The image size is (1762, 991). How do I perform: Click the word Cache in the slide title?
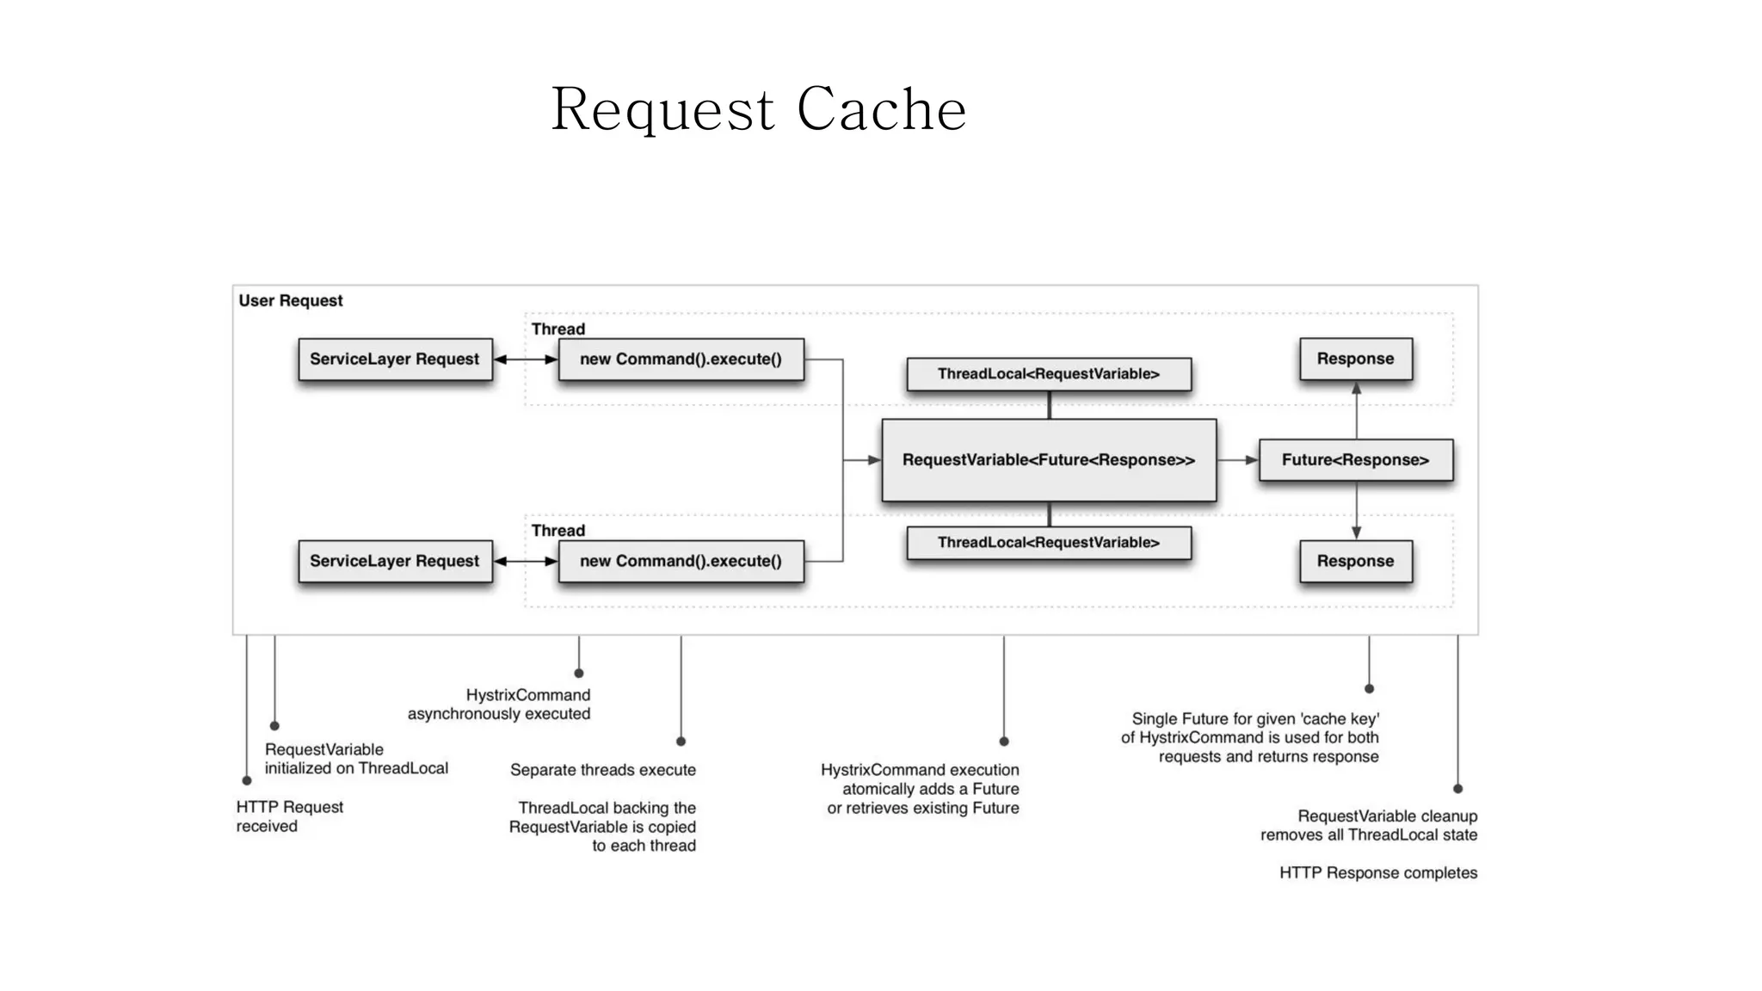click(881, 110)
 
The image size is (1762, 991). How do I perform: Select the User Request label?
click(291, 300)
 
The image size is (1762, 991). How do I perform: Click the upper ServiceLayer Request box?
click(395, 359)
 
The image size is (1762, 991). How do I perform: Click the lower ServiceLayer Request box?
click(395, 561)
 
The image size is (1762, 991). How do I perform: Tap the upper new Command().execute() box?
click(681, 359)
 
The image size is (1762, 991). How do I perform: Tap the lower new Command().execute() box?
click(681, 561)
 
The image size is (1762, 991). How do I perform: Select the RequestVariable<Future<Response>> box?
click(1048, 460)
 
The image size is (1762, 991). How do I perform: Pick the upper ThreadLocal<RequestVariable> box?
click(1048, 373)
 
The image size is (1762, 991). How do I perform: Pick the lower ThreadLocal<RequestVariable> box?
click(1048, 542)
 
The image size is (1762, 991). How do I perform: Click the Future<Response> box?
click(1355, 460)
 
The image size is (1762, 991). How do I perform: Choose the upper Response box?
click(1355, 359)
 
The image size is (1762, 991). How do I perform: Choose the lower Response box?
click(1355, 561)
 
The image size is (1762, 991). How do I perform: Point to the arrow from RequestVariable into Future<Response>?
click(1238, 460)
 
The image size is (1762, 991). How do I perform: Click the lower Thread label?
click(558, 530)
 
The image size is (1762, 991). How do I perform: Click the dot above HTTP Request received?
click(247, 780)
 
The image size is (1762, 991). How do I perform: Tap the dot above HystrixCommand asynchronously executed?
click(579, 673)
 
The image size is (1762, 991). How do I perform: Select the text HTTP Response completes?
click(1377, 872)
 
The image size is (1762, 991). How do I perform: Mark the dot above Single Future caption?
click(1369, 688)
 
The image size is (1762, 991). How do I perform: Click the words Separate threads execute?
click(602, 770)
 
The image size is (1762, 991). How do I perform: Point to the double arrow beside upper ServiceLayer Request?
click(526, 359)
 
